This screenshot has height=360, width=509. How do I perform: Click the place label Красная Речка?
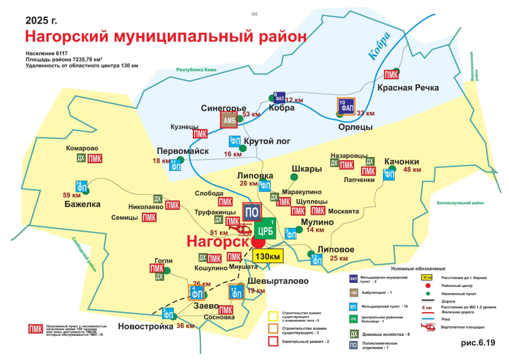[408, 88]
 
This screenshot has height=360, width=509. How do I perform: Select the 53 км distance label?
[251, 114]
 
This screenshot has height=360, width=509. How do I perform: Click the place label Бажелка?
[84, 204]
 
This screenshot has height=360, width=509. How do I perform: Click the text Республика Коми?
[197, 70]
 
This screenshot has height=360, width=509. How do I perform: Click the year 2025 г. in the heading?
[42, 20]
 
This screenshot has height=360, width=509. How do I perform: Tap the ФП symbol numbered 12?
[236, 292]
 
